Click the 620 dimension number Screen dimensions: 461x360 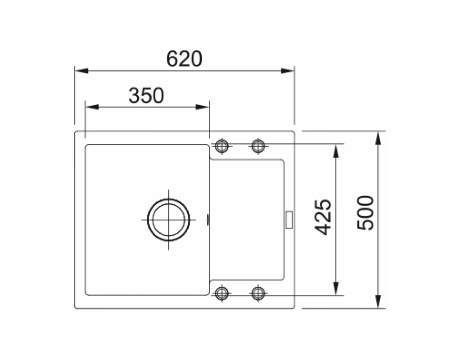tap(184, 59)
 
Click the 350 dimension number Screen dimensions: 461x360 tap(146, 95)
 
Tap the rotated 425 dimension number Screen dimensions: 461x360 tap(323, 217)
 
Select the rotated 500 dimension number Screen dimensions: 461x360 tap(365, 212)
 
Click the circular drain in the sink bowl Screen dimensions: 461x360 tap(168, 220)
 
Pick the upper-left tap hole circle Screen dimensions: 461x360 tap(221, 145)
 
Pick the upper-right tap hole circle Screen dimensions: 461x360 tap(258, 145)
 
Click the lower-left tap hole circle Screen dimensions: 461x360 tap(221, 293)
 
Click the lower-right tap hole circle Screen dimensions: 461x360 tap(258, 293)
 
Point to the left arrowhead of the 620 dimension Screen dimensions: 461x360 tap(81, 71)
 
